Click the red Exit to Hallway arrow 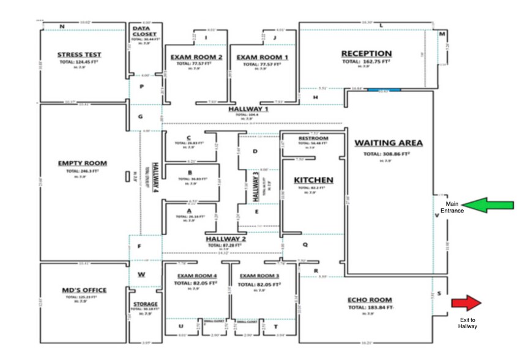click(467, 302)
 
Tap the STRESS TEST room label click(79, 54)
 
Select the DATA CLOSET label click(145, 31)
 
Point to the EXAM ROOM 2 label click(192, 57)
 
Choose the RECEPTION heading click(366, 54)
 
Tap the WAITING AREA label click(389, 143)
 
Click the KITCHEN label click(313, 180)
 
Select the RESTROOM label click(313, 138)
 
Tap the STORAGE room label click(146, 304)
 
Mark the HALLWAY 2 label click(226, 238)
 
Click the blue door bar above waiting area click(384, 90)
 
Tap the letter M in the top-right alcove click(442, 34)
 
